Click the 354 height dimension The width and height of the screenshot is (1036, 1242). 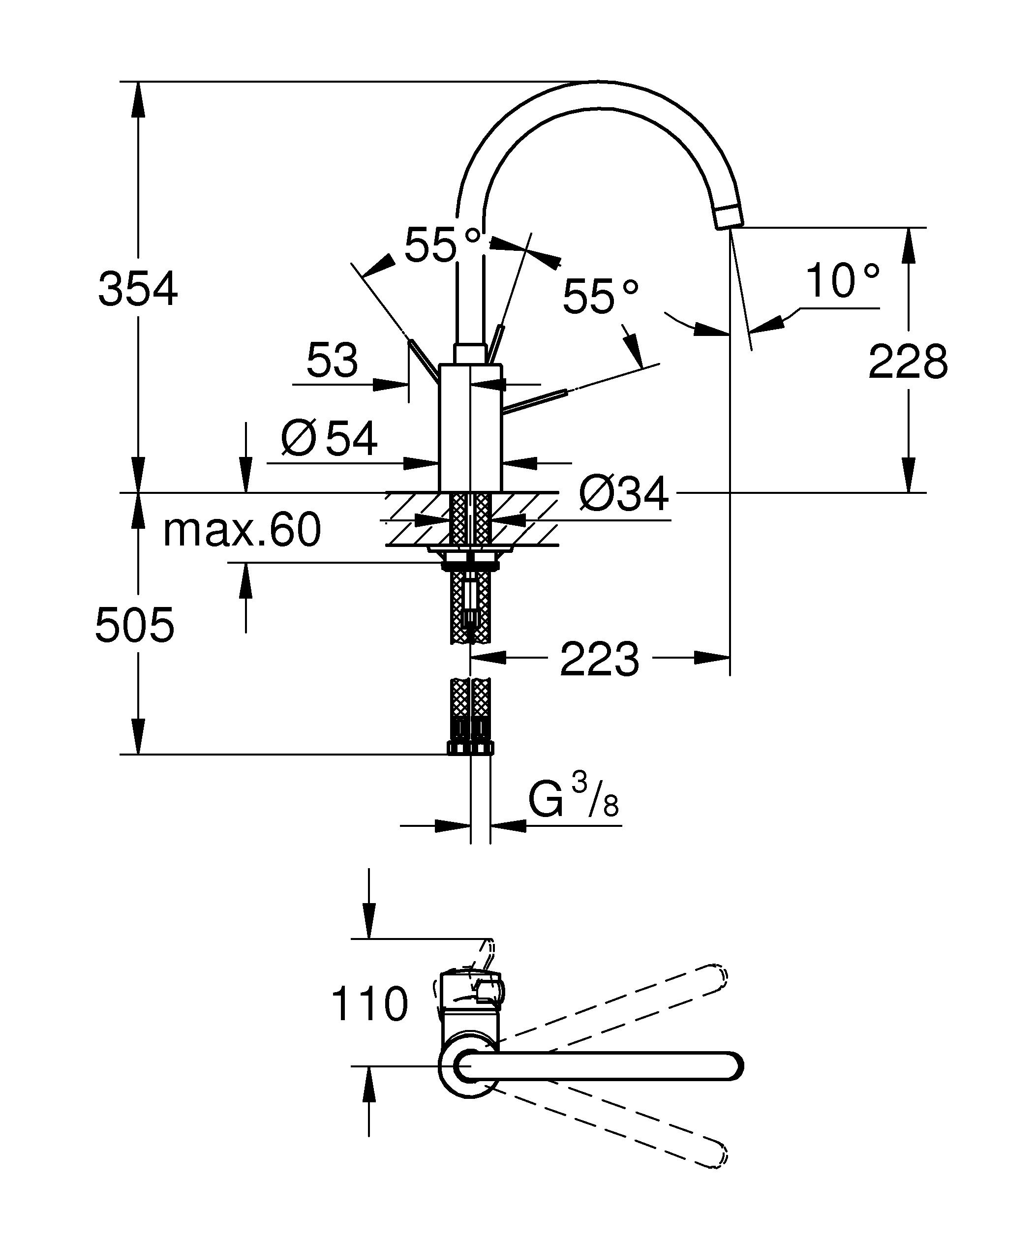(x=138, y=289)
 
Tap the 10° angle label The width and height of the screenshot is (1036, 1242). (x=842, y=281)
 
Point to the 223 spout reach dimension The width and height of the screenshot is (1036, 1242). (x=599, y=659)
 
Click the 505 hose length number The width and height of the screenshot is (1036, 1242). (x=135, y=625)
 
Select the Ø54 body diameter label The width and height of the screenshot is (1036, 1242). (x=329, y=439)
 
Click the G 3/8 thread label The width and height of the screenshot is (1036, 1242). (x=573, y=801)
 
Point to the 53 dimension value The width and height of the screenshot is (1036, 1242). (x=332, y=360)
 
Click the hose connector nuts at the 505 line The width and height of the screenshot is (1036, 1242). (x=470, y=748)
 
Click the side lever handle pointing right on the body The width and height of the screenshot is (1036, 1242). (x=536, y=400)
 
